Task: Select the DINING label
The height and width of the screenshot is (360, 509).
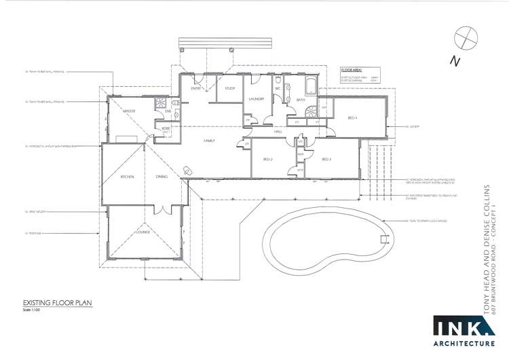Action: pos(162,177)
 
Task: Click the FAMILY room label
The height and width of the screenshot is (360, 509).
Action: pos(210,140)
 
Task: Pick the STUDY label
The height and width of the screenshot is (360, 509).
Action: pos(230,88)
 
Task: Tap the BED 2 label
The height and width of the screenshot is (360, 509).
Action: pos(267,160)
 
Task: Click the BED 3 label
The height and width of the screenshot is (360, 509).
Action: pos(326,160)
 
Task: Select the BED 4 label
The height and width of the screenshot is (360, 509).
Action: pos(352,118)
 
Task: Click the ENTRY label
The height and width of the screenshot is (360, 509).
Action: pos(196,88)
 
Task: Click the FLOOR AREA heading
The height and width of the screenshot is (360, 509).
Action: pos(351,69)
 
